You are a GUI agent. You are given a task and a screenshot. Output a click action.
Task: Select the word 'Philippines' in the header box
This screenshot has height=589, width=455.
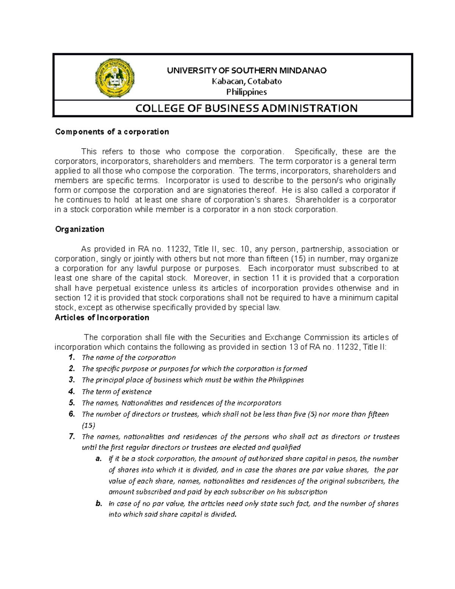click(246, 92)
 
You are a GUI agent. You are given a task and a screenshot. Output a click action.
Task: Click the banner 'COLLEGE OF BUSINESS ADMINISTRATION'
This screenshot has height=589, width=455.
click(246, 108)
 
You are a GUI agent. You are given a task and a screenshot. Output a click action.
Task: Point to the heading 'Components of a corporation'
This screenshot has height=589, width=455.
click(112, 132)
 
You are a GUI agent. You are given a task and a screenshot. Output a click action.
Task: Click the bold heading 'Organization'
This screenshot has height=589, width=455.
click(80, 229)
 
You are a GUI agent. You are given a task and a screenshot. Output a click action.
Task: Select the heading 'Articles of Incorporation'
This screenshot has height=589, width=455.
click(102, 317)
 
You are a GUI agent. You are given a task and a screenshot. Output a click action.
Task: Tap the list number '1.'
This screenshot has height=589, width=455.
click(72, 357)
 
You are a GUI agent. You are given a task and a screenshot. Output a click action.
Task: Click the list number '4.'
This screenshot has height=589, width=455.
click(72, 391)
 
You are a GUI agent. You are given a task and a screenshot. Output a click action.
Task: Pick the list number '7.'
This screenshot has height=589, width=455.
click(72, 437)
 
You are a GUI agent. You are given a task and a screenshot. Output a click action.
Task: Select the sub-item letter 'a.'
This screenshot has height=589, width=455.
click(99, 459)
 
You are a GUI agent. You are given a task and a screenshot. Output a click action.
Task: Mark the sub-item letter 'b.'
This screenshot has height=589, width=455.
click(99, 504)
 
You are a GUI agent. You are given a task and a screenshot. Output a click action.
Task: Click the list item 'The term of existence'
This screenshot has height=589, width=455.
click(117, 392)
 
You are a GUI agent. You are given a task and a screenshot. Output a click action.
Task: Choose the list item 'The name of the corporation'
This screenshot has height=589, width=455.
click(129, 358)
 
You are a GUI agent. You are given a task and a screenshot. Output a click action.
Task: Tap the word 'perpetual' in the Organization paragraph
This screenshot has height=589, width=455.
click(96, 288)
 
